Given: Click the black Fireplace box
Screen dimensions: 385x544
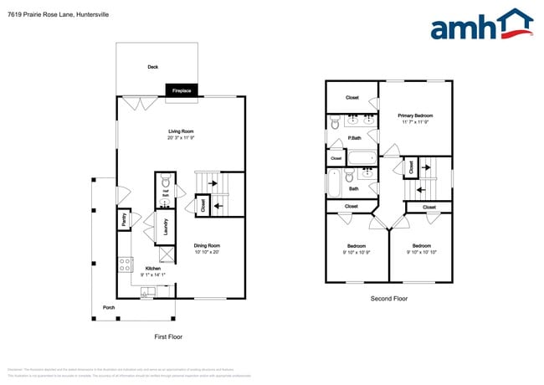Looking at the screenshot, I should click(182, 90).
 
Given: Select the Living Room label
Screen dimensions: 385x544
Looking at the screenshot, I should click(181, 131).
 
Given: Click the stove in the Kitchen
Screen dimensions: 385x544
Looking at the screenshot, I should click(124, 264).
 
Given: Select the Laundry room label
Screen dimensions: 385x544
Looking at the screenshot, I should click(167, 226).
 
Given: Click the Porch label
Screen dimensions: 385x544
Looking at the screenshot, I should click(109, 307).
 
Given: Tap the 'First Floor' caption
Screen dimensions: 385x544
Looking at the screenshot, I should click(168, 336).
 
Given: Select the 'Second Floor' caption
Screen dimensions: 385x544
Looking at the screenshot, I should click(388, 298).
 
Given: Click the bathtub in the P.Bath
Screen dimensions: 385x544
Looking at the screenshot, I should click(362, 157).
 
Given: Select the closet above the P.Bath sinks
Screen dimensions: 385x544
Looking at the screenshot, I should click(352, 97).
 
